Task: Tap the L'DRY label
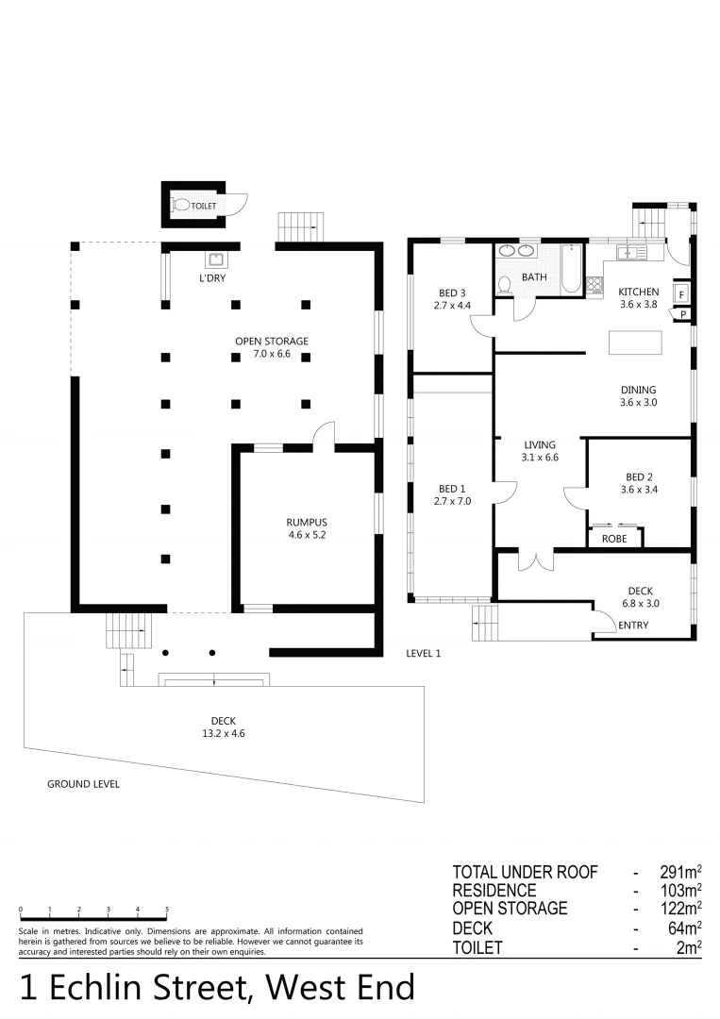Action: (211, 278)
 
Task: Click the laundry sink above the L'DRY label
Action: (214, 259)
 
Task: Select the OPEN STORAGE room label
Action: (272, 341)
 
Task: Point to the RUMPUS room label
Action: (306, 522)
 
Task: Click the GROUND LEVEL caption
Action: (83, 784)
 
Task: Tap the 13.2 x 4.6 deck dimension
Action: (224, 733)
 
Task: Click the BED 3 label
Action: (452, 292)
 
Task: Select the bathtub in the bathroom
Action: (569, 272)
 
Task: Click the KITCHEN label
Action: (638, 292)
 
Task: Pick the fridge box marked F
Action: (681, 294)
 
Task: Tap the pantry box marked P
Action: (681, 315)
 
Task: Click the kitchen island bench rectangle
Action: (636, 342)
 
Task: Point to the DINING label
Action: (638, 390)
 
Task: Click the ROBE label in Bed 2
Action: (614, 539)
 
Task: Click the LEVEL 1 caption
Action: (423, 653)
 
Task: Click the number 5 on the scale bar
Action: (167, 910)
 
